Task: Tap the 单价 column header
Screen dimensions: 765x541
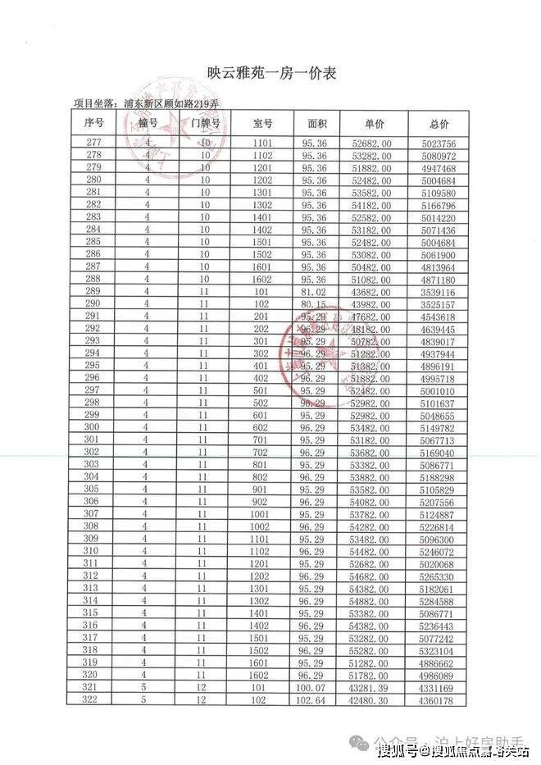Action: click(x=375, y=124)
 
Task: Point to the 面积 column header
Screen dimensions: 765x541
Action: click(x=317, y=124)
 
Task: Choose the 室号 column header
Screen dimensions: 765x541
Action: click(x=262, y=124)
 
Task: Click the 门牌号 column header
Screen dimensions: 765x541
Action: click(x=204, y=124)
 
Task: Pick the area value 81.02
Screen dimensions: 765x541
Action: click(x=314, y=290)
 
